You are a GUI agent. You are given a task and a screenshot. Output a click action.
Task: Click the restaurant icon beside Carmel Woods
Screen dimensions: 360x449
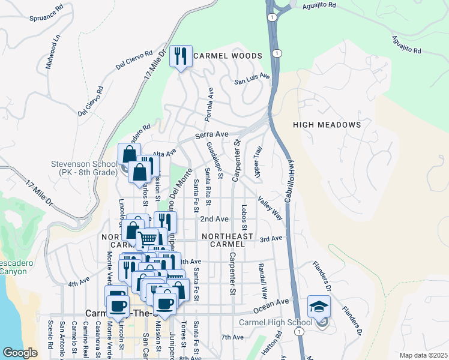[181, 56]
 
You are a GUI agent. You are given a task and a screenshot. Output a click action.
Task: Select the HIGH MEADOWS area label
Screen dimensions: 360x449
[327, 125]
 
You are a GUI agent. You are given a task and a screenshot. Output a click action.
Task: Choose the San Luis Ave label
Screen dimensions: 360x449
[253, 80]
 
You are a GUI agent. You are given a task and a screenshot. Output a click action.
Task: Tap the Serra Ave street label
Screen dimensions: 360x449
[210, 136]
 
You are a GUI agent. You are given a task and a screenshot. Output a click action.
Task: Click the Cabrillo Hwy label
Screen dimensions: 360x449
[288, 183]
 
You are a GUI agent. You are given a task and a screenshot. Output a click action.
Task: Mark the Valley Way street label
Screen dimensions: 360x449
[270, 208]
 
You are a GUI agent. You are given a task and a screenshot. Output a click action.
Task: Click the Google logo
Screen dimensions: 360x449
[20, 353]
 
